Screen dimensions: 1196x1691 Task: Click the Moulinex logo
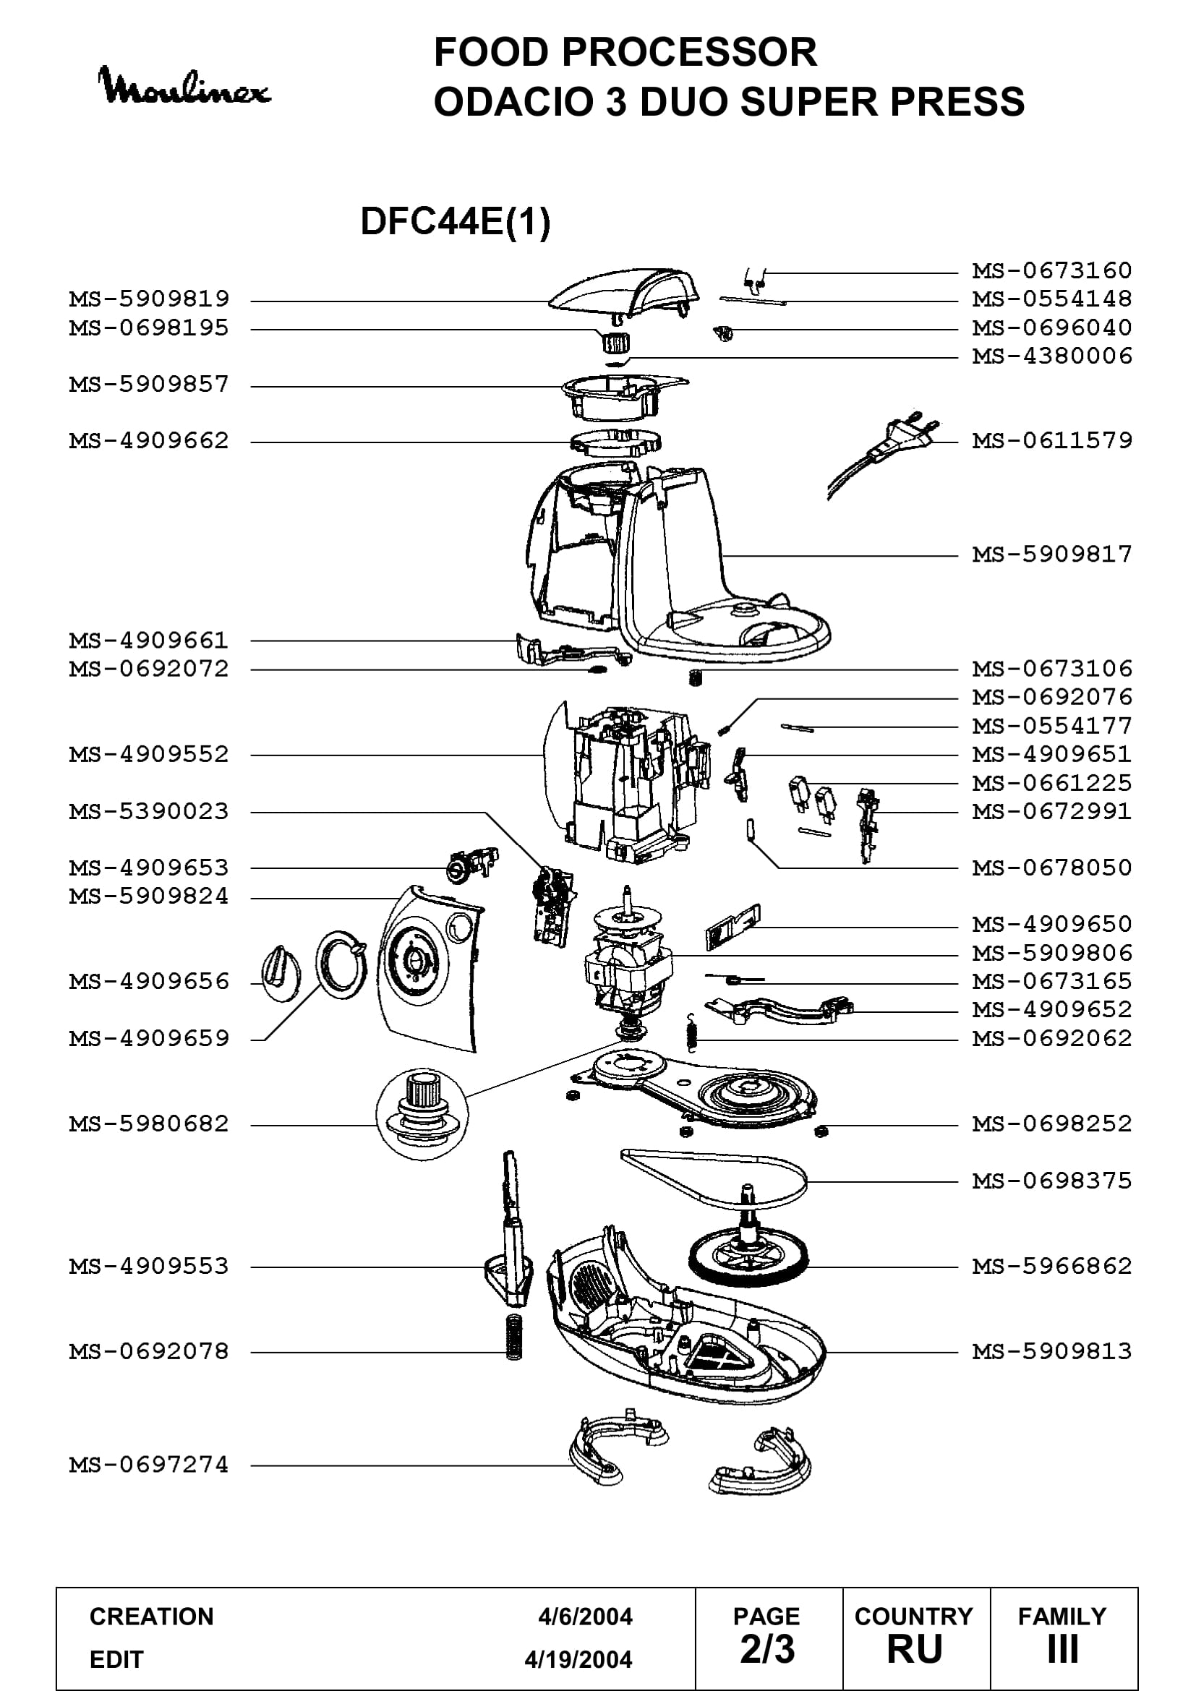pyautogui.click(x=184, y=87)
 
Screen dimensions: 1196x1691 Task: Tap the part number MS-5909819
pyautogui.click(x=149, y=299)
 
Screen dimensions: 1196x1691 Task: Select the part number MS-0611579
pyautogui.click(x=1051, y=440)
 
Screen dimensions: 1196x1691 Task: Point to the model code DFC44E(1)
pyautogui.click(x=455, y=221)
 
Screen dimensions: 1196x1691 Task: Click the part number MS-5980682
pyautogui.click(x=149, y=1124)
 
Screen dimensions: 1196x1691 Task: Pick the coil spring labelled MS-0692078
pyautogui.click(x=514, y=1337)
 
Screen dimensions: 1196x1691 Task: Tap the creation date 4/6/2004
pyautogui.click(x=585, y=1616)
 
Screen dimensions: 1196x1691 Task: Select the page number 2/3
pyautogui.click(x=767, y=1649)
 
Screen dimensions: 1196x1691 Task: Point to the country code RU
pyautogui.click(x=915, y=1649)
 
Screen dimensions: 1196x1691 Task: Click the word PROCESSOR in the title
pyautogui.click(x=688, y=52)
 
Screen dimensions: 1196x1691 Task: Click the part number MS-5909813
pyautogui.click(x=1051, y=1350)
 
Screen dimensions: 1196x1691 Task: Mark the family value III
pyautogui.click(x=1063, y=1649)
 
